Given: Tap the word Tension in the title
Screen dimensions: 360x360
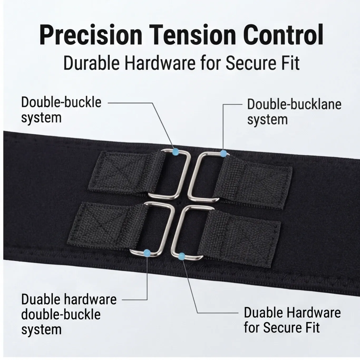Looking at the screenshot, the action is (x=192, y=35).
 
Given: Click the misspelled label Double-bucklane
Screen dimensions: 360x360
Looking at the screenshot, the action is (x=294, y=104).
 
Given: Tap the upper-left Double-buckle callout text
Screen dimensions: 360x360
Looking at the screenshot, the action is (x=61, y=110).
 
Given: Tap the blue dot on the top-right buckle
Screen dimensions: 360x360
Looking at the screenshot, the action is (x=223, y=153).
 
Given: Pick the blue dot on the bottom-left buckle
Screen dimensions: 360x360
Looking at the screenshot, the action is (x=147, y=253).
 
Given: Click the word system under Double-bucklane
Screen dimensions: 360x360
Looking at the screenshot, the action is (x=267, y=120).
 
